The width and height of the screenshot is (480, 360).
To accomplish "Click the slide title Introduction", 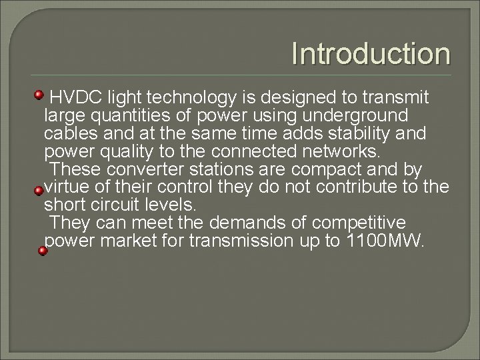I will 371,55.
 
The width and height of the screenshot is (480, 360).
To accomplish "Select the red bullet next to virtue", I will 39,190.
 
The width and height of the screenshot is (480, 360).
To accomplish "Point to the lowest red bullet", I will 42,251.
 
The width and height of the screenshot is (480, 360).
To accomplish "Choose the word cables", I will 72,133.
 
